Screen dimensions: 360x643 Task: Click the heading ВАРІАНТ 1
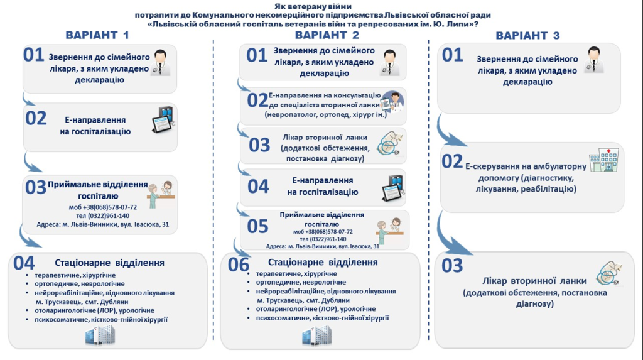pos(97,35)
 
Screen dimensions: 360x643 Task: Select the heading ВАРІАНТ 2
pos(327,35)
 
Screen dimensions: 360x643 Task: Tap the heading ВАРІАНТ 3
pos(527,36)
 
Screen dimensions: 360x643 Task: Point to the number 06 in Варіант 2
pos(239,265)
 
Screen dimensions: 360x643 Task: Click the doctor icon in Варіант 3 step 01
pos(594,61)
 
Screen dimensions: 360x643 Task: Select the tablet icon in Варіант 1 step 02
pos(163,121)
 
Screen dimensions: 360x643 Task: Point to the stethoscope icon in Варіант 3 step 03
pos(608,273)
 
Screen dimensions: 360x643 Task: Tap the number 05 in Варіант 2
pos(257,226)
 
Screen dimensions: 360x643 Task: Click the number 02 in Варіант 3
pos(452,162)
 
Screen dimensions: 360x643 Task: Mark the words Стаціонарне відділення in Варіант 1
pos(110,263)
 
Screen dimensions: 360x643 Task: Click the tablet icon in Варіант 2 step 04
pos(392,185)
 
